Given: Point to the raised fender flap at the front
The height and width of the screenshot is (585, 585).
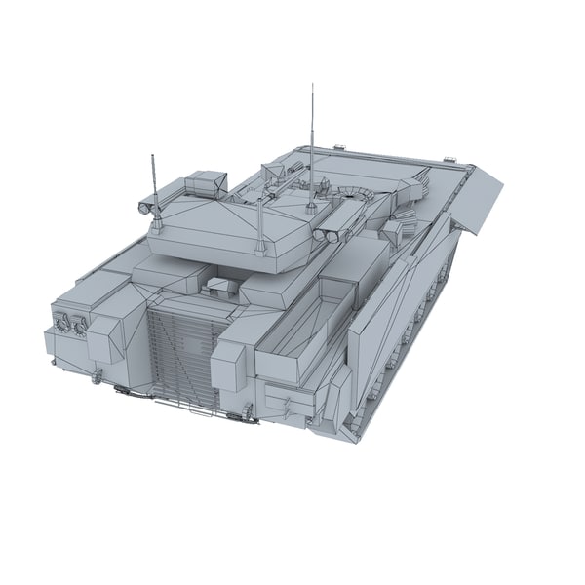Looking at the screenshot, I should pyautogui.click(x=488, y=201).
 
